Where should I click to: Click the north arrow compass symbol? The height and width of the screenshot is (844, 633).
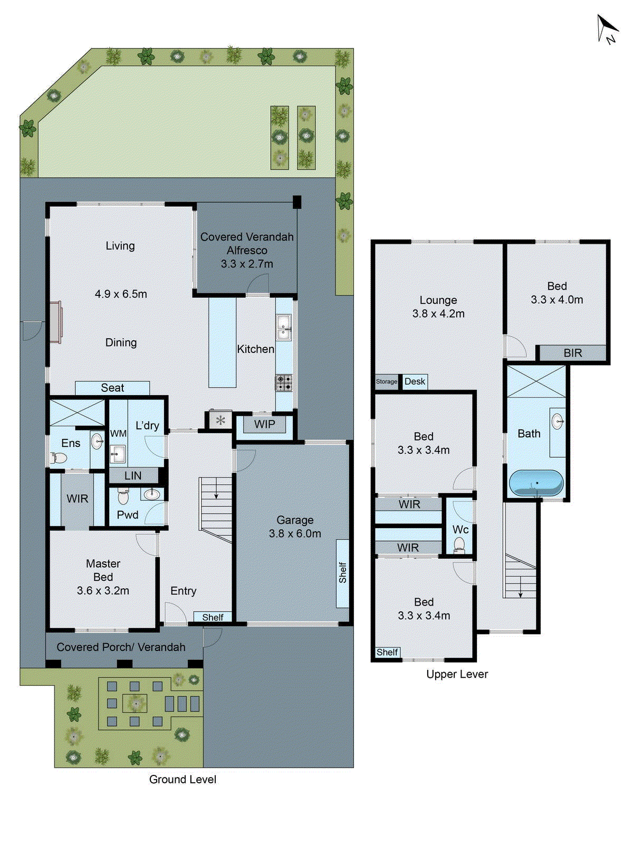pyautogui.click(x=607, y=28)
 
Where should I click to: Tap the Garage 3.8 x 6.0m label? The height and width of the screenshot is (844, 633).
pyautogui.click(x=295, y=527)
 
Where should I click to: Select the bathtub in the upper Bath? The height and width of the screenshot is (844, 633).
pyautogui.click(x=536, y=483)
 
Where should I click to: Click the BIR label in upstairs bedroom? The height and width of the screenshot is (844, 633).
pyautogui.click(x=572, y=353)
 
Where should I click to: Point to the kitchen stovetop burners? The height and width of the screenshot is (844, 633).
pyautogui.click(x=284, y=383)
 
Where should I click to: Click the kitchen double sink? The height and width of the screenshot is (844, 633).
pyautogui.click(x=284, y=327)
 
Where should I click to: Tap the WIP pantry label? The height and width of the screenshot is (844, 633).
pyautogui.click(x=264, y=424)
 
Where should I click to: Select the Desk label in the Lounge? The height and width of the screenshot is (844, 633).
pyautogui.click(x=415, y=381)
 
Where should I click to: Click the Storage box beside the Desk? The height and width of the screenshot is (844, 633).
pyautogui.click(x=387, y=381)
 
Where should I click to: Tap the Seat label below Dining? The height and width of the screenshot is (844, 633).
pyautogui.click(x=112, y=388)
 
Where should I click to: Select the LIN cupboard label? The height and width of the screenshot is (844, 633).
pyautogui.click(x=133, y=476)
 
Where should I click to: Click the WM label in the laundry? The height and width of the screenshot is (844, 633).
pyautogui.click(x=118, y=434)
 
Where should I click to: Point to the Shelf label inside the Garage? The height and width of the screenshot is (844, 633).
pyautogui.click(x=343, y=572)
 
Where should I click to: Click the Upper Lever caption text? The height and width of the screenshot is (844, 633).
pyautogui.click(x=457, y=674)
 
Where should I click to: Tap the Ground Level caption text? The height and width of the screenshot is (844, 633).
pyautogui.click(x=183, y=780)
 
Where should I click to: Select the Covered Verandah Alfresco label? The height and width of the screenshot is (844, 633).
pyautogui.click(x=247, y=250)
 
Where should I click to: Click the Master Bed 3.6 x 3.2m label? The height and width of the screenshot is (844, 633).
pyautogui.click(x=103, y=577)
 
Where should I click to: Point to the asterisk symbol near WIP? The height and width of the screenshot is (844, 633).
pyautogui.click(x=220, y=420)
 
